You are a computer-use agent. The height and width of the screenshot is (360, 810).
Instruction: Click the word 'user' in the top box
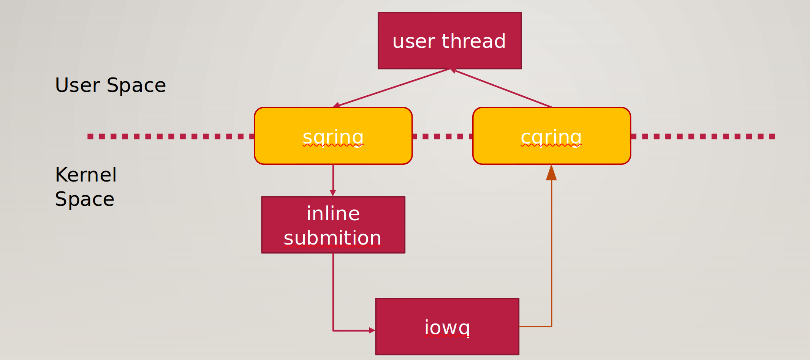[414, 41]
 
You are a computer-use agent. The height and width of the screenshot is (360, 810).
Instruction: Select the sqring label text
[333, 137]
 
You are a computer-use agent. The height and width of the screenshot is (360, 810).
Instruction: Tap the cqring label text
[551, 137]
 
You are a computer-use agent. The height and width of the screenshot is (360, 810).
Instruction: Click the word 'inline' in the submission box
[333, 213]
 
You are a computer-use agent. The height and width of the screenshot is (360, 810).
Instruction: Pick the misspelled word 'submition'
[332, 238]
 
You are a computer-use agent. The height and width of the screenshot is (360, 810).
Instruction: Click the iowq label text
[447, 328]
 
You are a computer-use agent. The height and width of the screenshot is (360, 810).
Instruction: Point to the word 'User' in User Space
[78, 85]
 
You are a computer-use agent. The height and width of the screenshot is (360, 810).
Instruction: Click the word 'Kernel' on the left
[86, 175]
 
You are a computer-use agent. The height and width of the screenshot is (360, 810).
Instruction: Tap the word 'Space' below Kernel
[85, 200]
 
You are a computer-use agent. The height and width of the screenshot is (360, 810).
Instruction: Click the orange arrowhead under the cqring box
[551, 172]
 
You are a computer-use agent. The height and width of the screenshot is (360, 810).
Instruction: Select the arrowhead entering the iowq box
[372, 331]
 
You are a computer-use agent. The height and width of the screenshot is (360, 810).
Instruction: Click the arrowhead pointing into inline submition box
[333, 193]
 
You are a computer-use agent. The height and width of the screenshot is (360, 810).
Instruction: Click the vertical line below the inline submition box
[333, 292]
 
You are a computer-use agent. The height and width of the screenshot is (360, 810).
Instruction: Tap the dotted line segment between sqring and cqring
[443, 136]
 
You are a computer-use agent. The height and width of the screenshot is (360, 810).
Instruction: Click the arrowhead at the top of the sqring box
[336, 105]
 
